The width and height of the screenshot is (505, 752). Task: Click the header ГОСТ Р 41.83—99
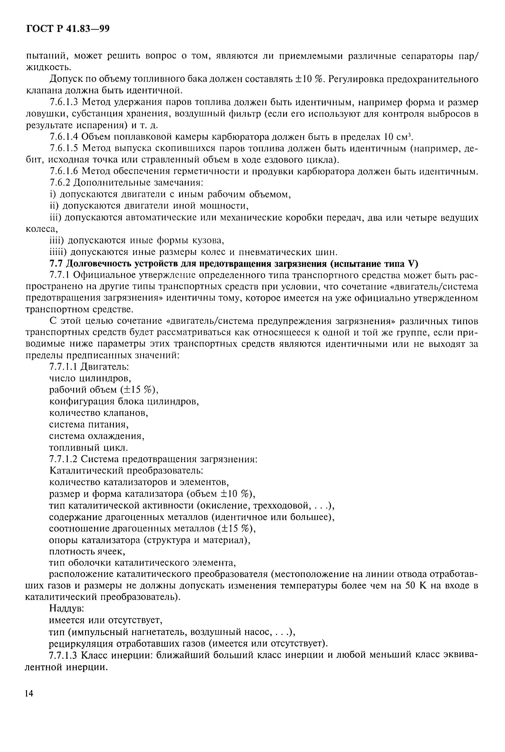pyautogui.click(x=68, y=29)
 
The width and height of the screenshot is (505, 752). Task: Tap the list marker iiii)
pyautogui.click(x=58, y=252)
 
